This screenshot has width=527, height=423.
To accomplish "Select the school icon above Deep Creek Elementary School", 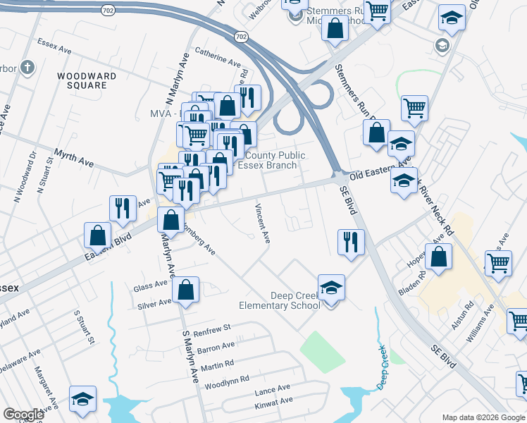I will [x=331, y=288].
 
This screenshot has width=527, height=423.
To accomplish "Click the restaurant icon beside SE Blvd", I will [x=351, y=243].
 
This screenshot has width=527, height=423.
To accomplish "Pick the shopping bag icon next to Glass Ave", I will [x=185, y=290].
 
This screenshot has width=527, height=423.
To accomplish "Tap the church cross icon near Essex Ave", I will [x=27, y=68].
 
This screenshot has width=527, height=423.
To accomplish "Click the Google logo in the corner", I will [x=23, y=414].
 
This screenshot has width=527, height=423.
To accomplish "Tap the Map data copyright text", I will [x=483, y=417].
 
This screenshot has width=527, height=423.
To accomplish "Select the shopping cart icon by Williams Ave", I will [x=518, y=321].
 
